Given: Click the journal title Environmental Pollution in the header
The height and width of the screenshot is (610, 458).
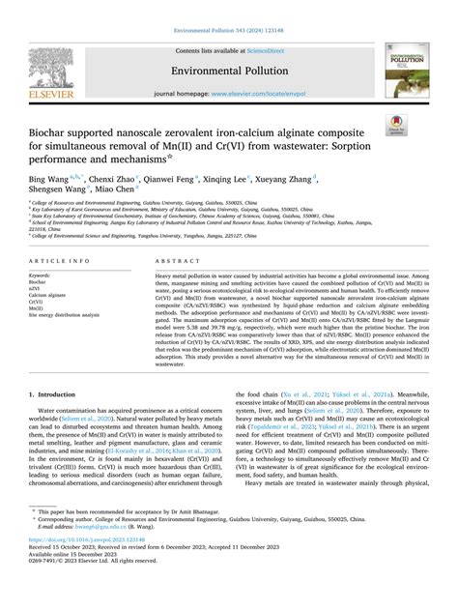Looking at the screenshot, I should pyautogui.click(x=229, y=71).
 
